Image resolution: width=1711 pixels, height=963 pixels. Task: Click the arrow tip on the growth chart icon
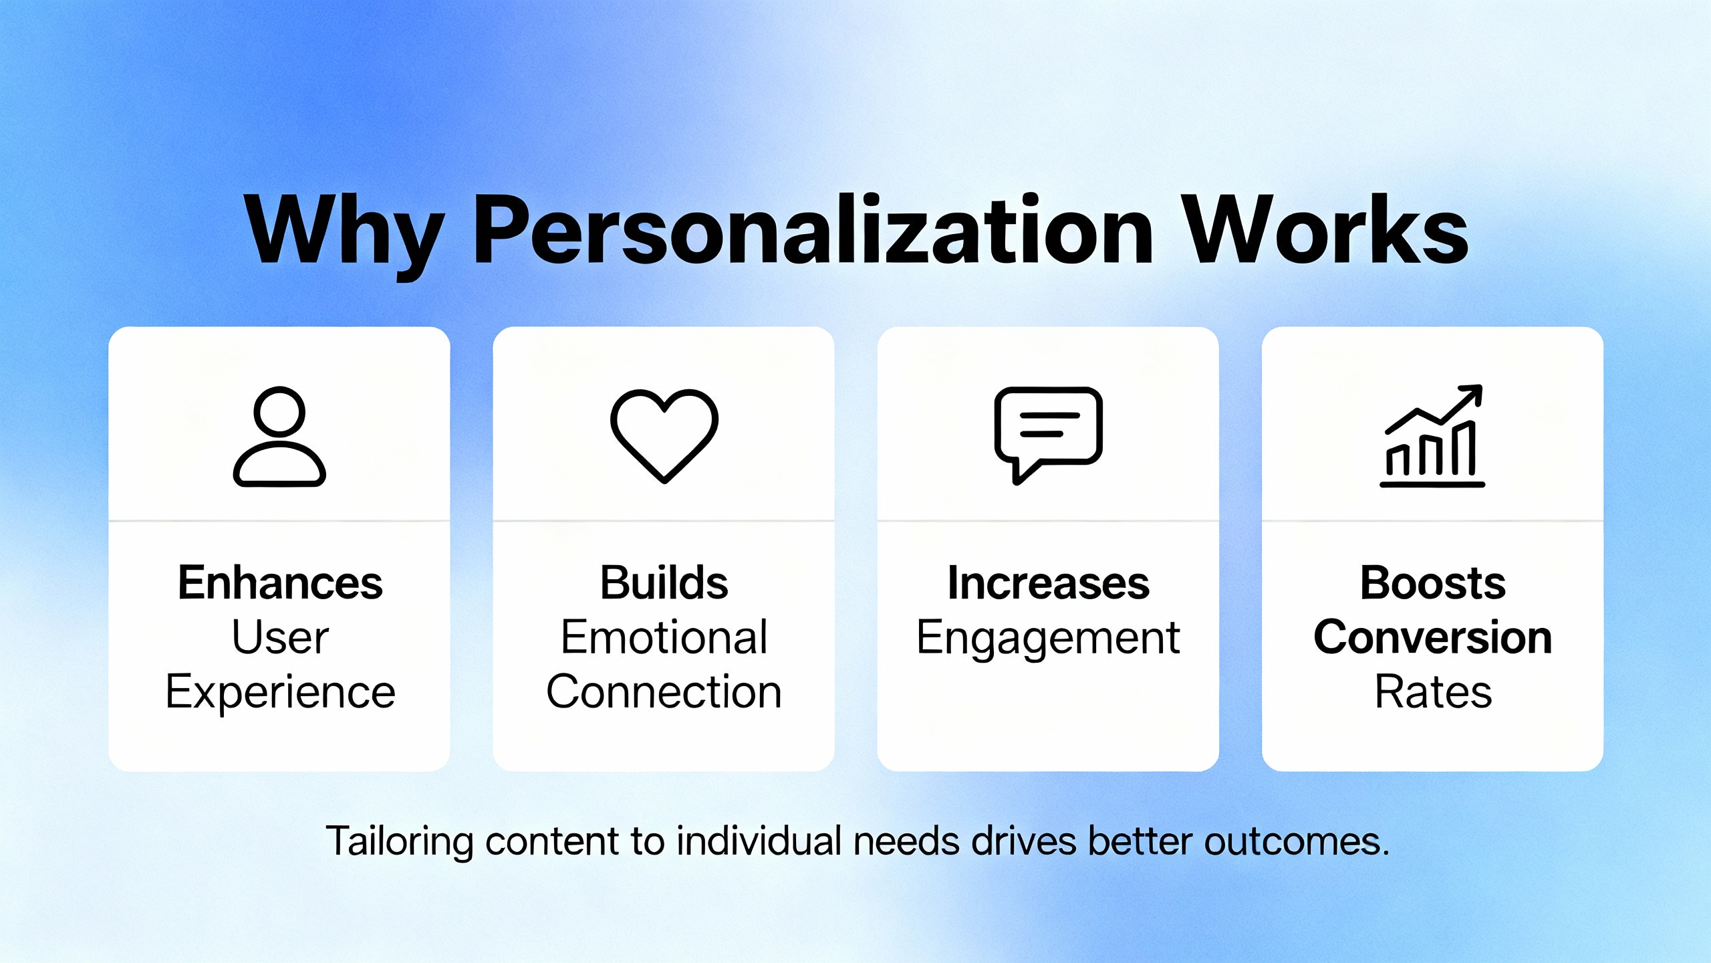point(1481,386)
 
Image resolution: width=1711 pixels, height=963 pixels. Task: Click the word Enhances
point(280,582)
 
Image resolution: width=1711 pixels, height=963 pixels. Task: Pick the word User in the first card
point(280,637)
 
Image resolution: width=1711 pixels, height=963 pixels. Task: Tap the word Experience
point(280,693)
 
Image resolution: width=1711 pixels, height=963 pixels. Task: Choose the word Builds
point(664,582)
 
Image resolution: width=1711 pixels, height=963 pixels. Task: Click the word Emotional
point(664,637)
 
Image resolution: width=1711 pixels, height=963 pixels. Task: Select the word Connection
point(664,691)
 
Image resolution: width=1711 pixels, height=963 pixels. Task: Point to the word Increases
point(1049,582)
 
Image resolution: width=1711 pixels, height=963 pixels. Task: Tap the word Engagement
point(1049,639)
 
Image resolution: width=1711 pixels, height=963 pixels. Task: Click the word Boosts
point(1433,582)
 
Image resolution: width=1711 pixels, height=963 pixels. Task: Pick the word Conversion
point(1433,637)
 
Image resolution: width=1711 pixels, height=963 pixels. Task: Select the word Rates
point(1433,691)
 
